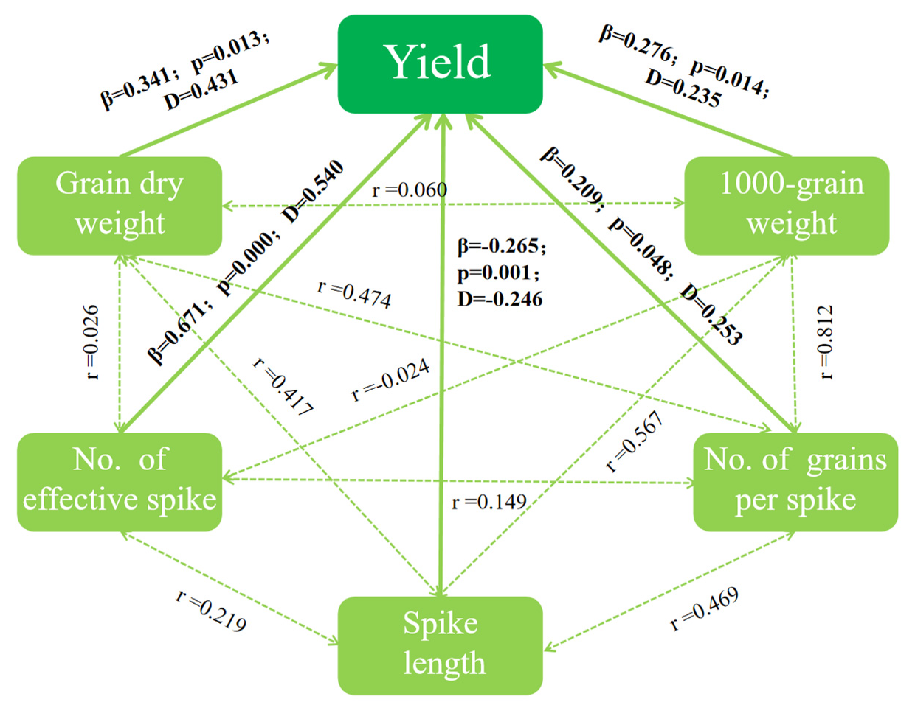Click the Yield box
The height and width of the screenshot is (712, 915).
tap(440, 64)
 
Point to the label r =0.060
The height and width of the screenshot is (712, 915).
tap(409, 191)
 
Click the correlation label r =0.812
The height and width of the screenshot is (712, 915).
tap(826, 343)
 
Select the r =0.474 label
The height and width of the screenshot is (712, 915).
tap(355, 295)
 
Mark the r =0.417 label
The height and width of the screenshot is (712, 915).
tap(283, 388)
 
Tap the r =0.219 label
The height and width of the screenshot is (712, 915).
tap(211, 612)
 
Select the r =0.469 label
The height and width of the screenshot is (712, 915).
tap(704, 609)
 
